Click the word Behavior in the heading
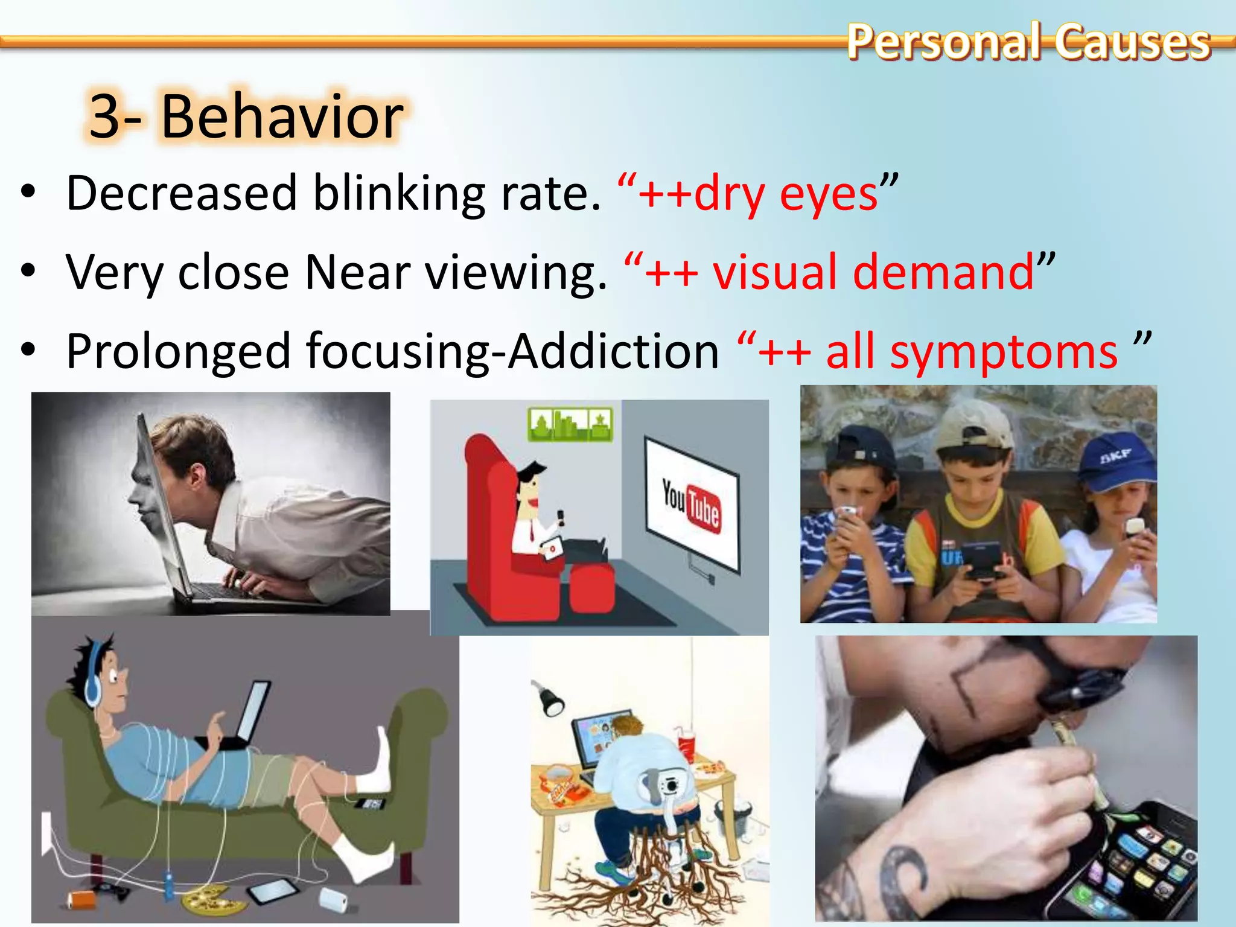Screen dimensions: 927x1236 (x=282, y=116)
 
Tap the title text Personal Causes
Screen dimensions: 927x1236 (x=1028, y=42)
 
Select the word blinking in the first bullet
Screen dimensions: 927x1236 (x=399, y=193)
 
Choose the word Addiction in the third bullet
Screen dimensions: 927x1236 (x=613, y=351)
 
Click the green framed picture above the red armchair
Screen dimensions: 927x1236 (x=570, y=424)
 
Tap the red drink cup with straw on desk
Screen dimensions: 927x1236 (x=687, y=745)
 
